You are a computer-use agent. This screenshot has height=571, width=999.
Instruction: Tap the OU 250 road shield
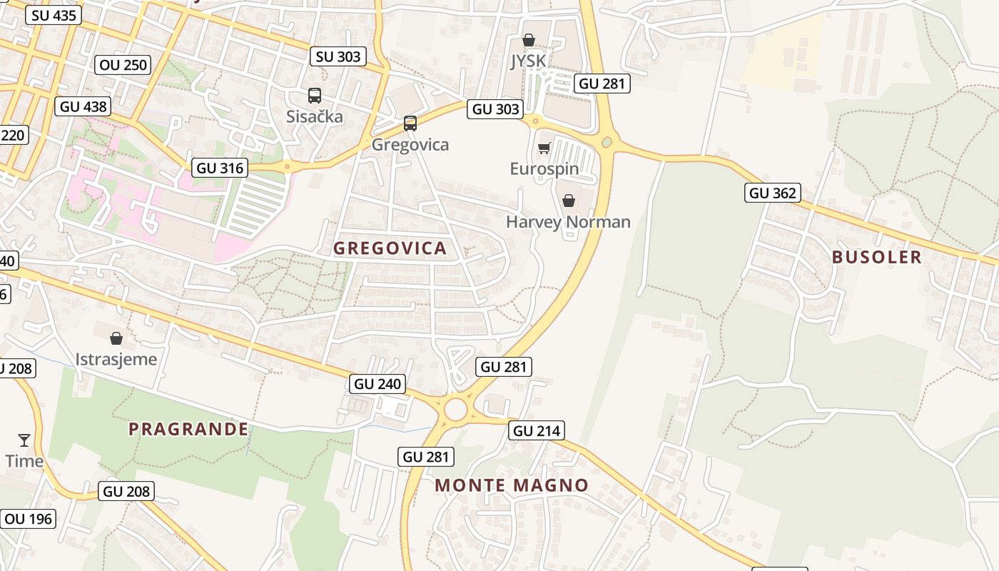pyautogui.click(x=123, y=65)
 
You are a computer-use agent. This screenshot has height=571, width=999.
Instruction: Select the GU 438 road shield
pyautogui.click(x=83, y=107)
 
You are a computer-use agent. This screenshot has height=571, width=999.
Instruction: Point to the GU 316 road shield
pyautogui.click(x=220, y=168)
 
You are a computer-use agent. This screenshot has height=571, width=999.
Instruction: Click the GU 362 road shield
pyautogui.click(x=772, y=193)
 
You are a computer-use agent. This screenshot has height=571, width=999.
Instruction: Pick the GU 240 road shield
pyautogui.click(x=378, y=384)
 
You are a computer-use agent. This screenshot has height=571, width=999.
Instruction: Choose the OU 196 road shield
pyautogui.click(x=29, y=519)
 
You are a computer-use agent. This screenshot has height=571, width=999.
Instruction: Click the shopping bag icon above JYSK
pyautogui.click(x=528, y=41)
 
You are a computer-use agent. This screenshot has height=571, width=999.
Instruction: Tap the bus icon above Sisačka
pyautogui.click(x=315, y=96)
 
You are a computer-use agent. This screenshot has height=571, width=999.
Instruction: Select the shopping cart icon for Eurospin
pyautogui.click(x=544, y=148)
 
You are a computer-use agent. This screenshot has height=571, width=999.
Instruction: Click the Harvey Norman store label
pyautogui.click(x=568, y=222)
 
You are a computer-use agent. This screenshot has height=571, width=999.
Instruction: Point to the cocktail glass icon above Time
pyautogui.click(x=24, y=440)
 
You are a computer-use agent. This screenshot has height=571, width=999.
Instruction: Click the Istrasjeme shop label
pyautogui.click(x=116, y=359)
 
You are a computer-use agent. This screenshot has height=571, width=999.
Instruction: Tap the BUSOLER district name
pyautogui.click(x=877, y=257)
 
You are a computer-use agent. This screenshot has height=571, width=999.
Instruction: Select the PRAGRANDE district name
pyautogui.click(x=188, y=429)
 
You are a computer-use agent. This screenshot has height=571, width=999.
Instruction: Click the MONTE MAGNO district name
pyautogui.click(x=512, y=485)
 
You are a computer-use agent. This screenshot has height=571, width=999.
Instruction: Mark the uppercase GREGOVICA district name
pyautogui.click(x=390, y=248)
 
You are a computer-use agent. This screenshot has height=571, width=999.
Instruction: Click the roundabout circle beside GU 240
pyautogui.click(x=455, y=410)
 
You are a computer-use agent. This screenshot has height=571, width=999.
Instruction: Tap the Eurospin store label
pyautogui.click(x=544, y=169)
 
